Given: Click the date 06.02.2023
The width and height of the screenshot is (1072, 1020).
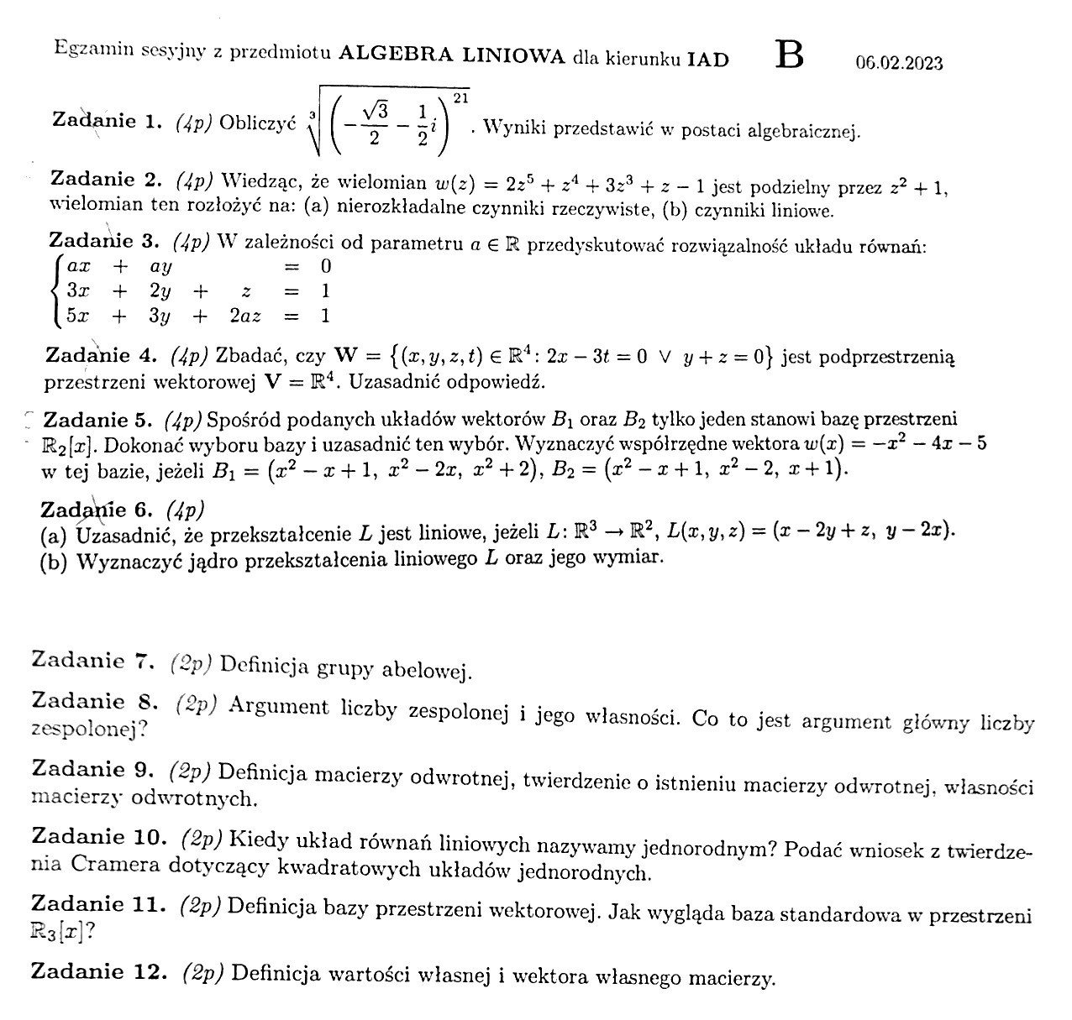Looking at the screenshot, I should pyautogui.click(x=899, y=63).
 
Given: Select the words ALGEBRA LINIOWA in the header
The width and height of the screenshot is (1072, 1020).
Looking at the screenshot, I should pyautogui.click(x=452, y=56).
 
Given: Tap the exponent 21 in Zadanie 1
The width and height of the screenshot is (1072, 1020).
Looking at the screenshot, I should pyautogui.click(x=460, y=99).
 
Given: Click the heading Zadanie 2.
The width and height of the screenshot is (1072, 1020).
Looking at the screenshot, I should pyautogui.click(x=105, y=179).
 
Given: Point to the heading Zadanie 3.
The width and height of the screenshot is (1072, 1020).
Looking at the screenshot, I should pyautogui.click(x=103, y=242).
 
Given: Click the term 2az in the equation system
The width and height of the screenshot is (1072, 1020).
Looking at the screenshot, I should pyautogui.click(x=245, y=316).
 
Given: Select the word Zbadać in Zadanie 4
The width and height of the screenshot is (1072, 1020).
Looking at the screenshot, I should pyautogui.click(x=244, y=355).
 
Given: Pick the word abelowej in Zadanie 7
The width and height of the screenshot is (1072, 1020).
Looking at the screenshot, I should pyautogui.click(x=428, y=670).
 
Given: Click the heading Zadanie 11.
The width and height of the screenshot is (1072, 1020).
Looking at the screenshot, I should pyautogui.click(x=98, y=904).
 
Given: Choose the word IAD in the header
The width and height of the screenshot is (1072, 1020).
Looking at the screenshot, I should pyautogui.click(x=707, y=59).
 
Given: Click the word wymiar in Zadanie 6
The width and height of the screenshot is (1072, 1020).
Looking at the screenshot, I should pyautogui.click(x=634, y=557).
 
